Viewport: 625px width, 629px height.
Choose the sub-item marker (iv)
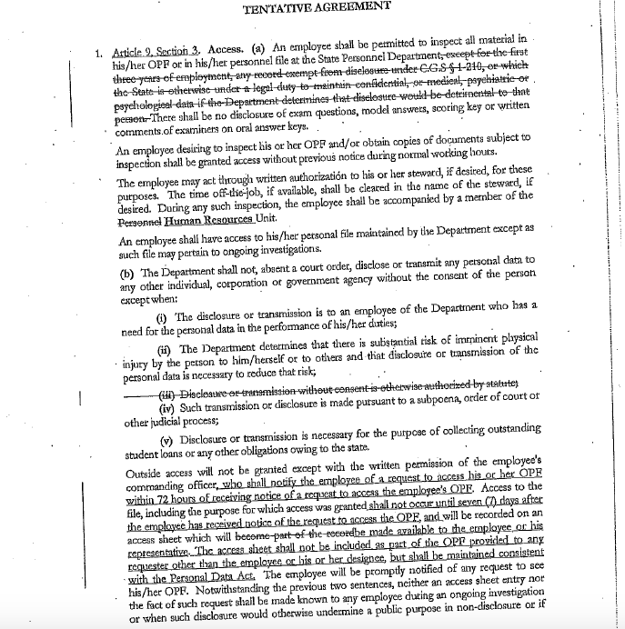click(x=166, y=408)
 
